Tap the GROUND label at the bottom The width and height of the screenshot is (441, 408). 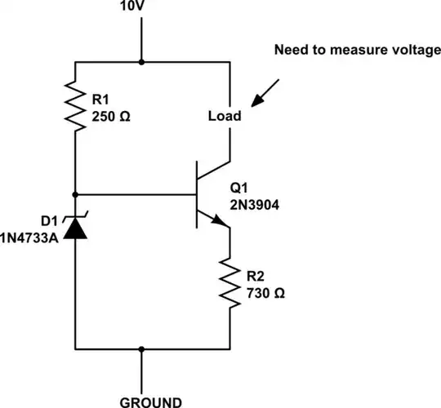(x=150, y=401)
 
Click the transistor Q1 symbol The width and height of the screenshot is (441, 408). (x=210, y=194)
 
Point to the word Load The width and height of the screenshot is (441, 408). (x=225, y=116)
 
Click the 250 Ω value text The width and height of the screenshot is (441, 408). (x=109, y=116)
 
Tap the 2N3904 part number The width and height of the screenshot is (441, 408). (x=255, y=206)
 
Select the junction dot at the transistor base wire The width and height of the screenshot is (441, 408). (x=75, y=194)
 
